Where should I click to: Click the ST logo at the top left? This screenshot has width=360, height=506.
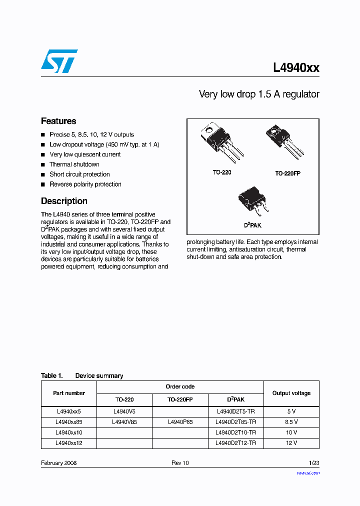coord(59,61)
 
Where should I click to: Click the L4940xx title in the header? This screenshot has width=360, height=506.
coord(296,68)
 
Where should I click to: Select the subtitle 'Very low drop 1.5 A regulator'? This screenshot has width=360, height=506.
coord(258,94)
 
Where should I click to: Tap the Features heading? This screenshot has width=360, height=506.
coord(58,121)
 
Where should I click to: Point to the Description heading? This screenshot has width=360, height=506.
coord(64,201)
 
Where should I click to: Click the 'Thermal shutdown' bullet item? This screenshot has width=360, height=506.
coord(74,164)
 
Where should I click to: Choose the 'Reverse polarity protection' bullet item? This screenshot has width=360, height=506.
coord(85,184)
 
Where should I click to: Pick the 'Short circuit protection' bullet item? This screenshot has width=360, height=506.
coord(79,174)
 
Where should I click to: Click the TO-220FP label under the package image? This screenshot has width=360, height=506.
coord(287,173)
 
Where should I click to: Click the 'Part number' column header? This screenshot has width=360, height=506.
coord(69,393)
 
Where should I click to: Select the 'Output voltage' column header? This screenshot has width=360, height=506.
coord(291,393)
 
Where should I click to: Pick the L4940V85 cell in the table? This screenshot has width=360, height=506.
coord(124,422)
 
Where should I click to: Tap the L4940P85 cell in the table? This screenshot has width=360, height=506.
coord(180,422)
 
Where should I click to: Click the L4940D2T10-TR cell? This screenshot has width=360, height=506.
coord(235,432)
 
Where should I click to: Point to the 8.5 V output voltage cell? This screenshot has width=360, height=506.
coord(291,422)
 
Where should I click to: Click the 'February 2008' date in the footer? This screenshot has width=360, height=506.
coord(58,463)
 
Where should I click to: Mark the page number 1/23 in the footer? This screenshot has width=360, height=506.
coord(313,463)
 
